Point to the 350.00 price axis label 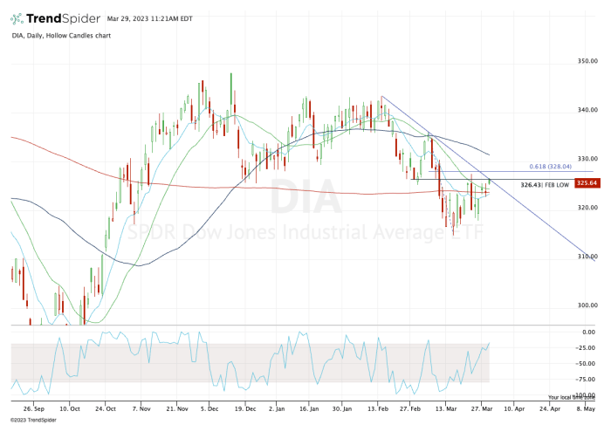586,61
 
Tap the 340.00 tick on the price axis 586,110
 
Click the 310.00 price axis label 586,257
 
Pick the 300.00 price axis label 586,305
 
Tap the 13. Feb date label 377,407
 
